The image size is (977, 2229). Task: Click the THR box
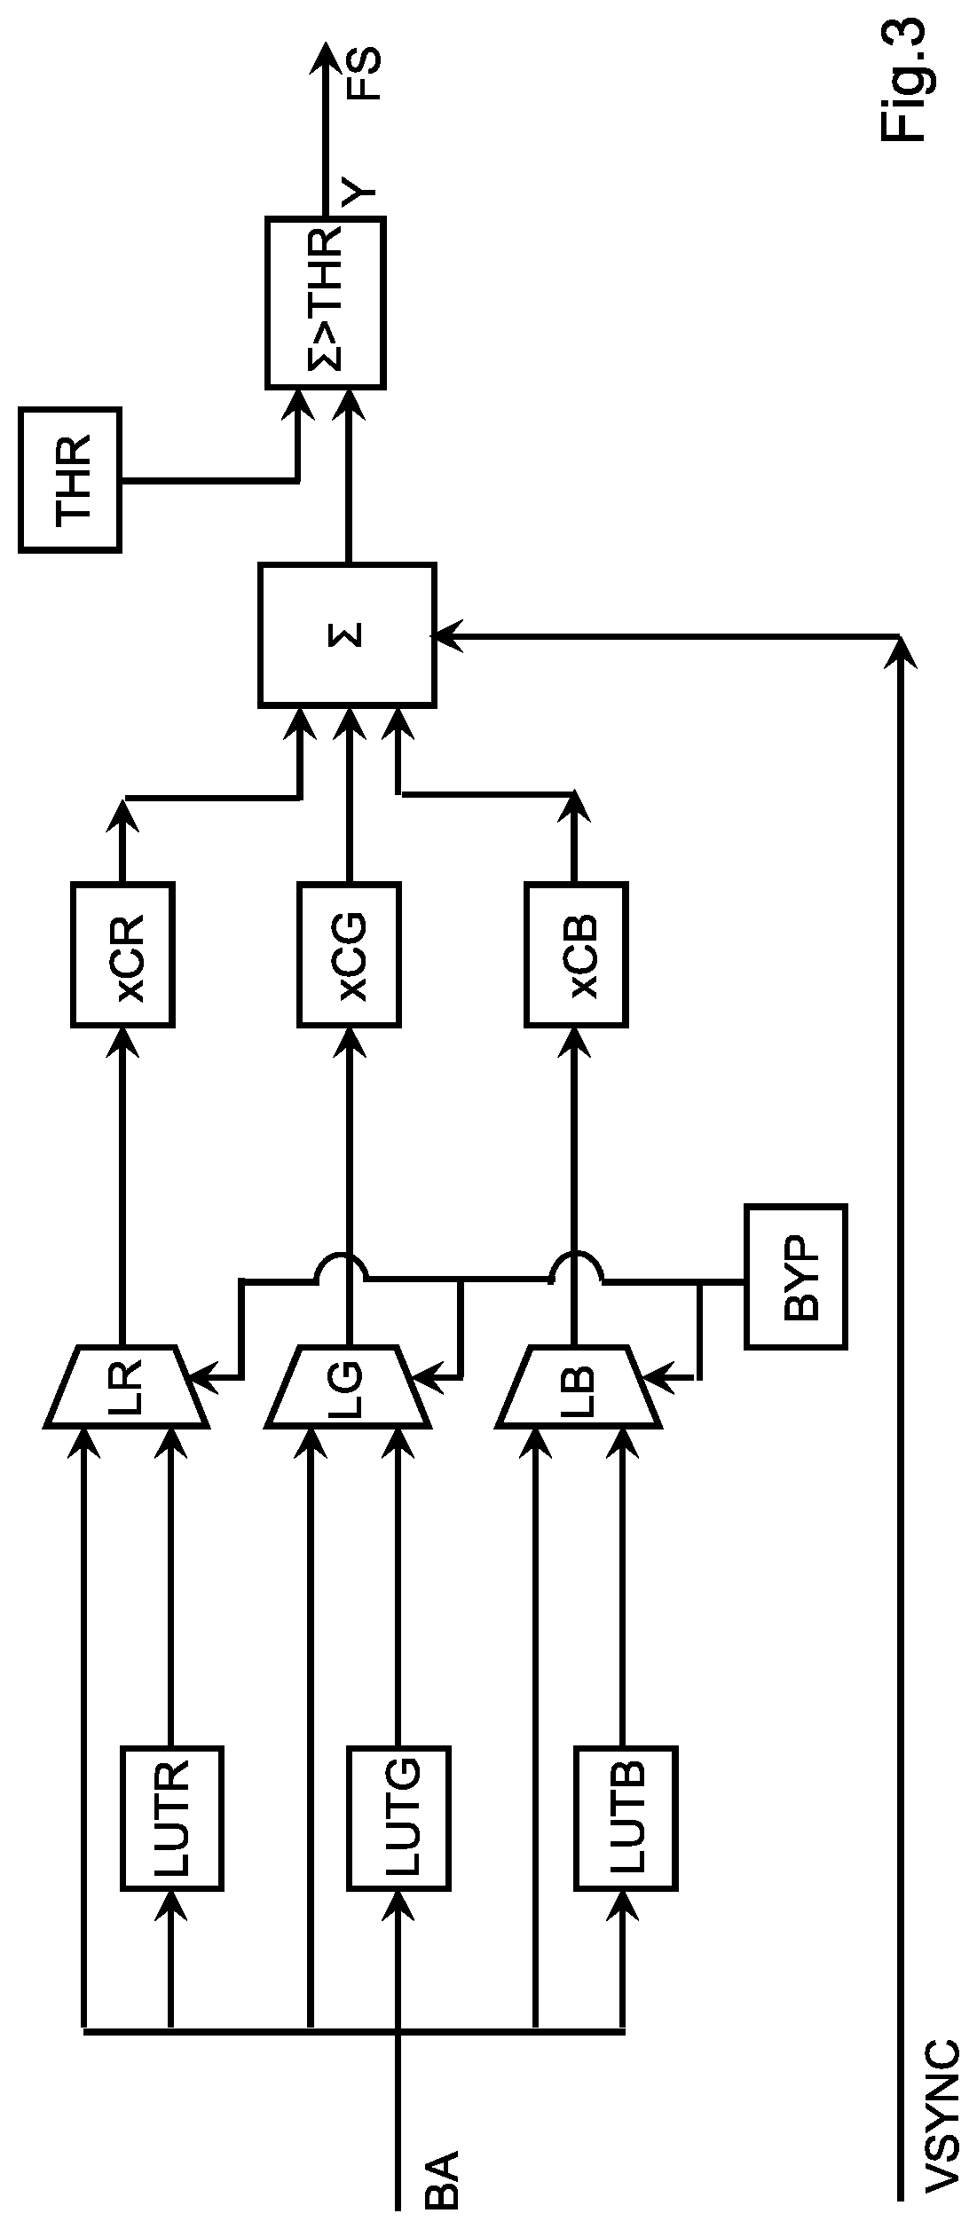click(70, 480)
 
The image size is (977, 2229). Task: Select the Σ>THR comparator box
click(325, 303)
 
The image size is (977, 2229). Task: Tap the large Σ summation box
click(347, 634)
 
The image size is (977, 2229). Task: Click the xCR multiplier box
click(122, 955)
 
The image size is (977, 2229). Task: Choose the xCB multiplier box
click(577, 955)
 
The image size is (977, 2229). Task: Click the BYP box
click(796, 1276)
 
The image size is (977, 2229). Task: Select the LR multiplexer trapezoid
click(127, 1387)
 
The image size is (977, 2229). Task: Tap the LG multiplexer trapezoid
click(348, 1387)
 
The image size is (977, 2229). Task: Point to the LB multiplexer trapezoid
click(579, 1387)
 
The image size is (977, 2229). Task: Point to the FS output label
click(361, 75)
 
